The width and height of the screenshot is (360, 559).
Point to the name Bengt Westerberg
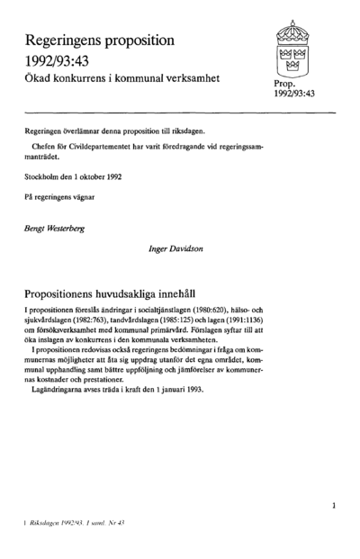[x=56, y=229]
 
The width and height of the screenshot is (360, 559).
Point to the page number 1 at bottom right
[x=334, y=506]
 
